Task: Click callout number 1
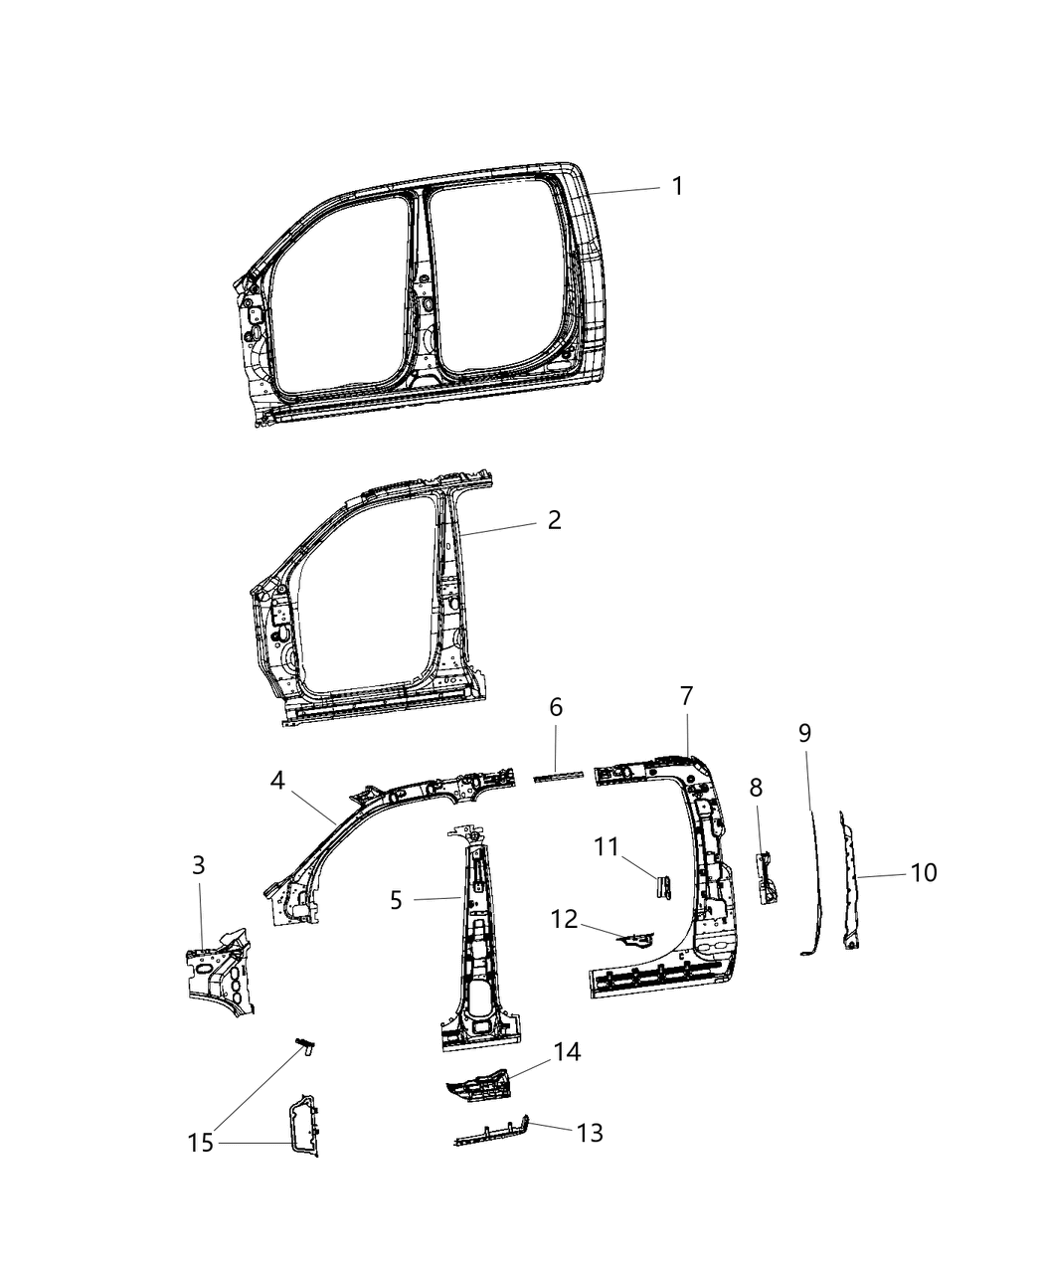(677, 186)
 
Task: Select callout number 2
(554, 519)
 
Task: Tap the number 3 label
(198, 865)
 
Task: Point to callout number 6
(556, 707)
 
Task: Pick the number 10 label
(924, 872)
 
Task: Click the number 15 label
(201, 1144)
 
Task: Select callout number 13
(590, 1133)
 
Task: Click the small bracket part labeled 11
(662, 884)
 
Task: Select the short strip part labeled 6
(556, 777)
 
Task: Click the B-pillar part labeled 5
(479, 945)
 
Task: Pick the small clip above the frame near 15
(306, 1045)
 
